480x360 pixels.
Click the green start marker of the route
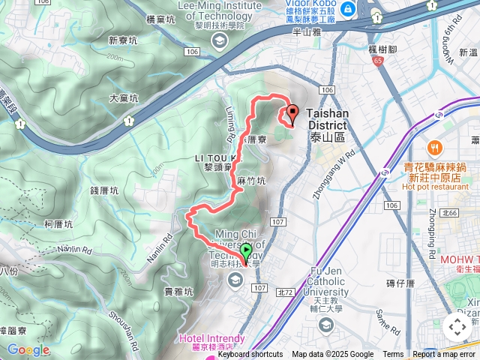point(247,253)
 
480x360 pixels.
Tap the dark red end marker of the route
point(291,113)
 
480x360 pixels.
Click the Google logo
point(28,349)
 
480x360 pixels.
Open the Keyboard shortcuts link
point(250,355)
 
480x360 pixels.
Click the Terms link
point(393,355)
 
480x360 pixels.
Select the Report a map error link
point(444,355)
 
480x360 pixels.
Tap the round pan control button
point(457,326)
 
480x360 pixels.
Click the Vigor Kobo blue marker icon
point(348,10)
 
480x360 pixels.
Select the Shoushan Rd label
point(125,320)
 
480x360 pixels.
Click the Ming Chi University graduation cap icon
point(235,280)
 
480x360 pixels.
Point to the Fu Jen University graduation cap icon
point(325,324)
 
